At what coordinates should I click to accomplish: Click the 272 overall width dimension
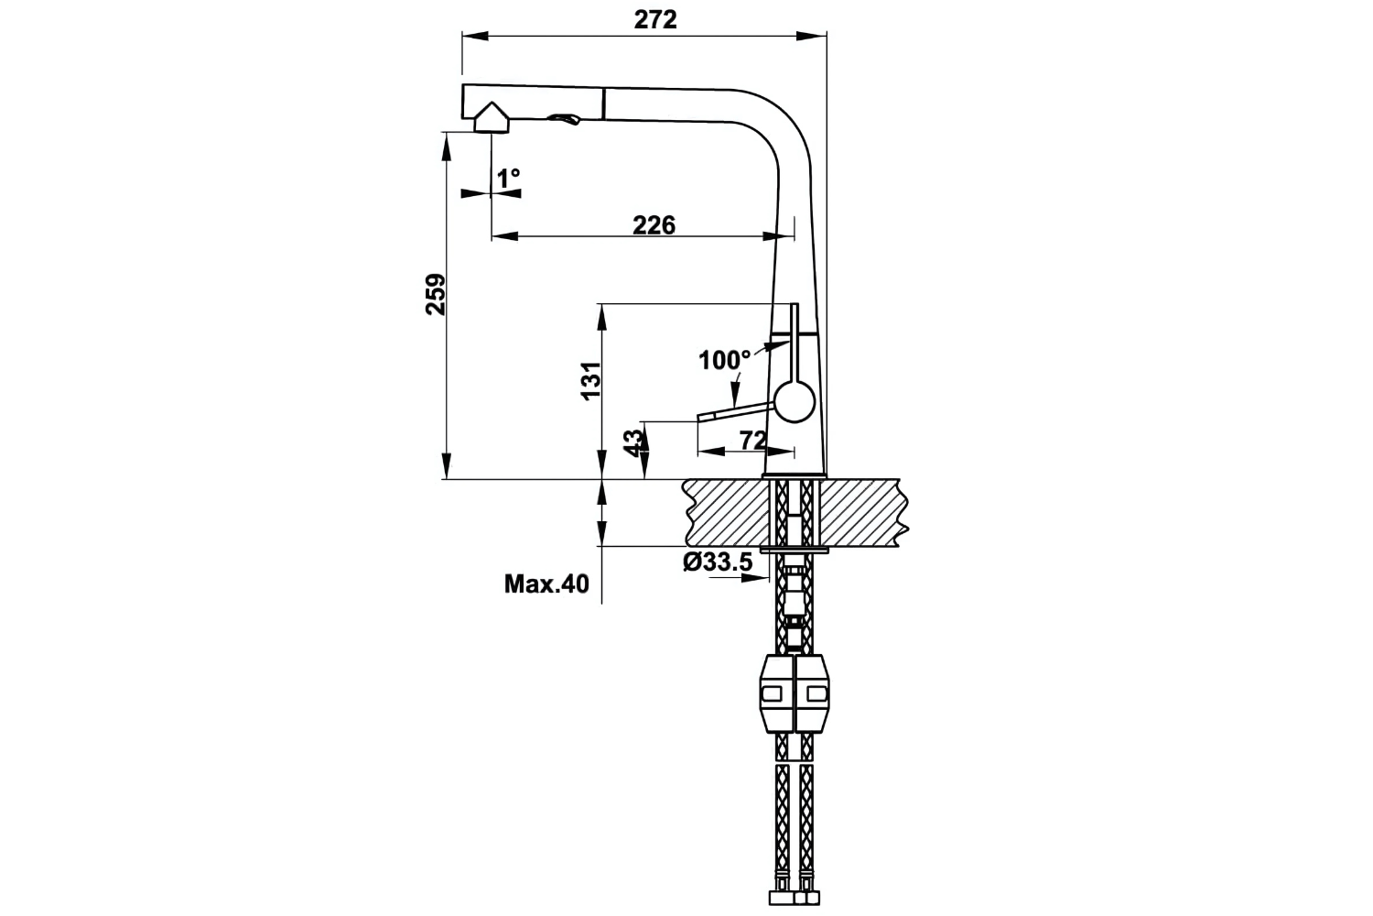[655, 19]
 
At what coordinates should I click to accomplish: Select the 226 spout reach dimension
[654, 224]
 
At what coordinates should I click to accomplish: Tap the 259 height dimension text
[436, 294]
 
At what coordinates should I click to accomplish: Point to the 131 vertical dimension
[590, 380]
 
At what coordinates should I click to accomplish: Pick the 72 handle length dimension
[752, 441]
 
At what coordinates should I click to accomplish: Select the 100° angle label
[724, 360]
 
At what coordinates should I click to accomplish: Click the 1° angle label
[508, 176]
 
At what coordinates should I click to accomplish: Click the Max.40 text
[546, 583]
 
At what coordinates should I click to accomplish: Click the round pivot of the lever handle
[794, 402]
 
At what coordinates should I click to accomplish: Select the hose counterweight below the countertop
[794, 694]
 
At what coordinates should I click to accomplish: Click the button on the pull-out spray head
[563, 120]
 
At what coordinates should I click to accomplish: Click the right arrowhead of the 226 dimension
[769, 236]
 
